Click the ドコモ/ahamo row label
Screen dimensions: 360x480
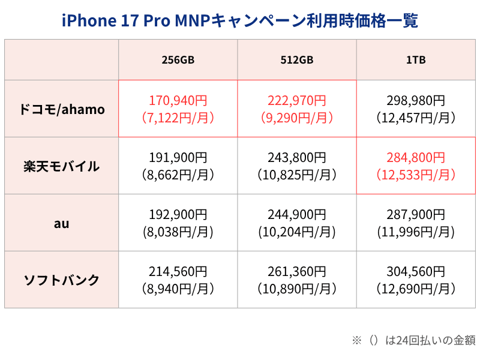point(61,109)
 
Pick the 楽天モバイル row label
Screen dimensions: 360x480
point(61,166)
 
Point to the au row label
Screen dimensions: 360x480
point(61,223)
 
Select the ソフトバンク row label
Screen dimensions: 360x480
point(61,280)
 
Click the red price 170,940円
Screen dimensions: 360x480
point(178,100)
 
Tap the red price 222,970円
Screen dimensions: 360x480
point(297,100)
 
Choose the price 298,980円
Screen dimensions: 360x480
point(416,100)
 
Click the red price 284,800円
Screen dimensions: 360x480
point(416,158)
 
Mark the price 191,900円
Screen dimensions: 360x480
point(178,158)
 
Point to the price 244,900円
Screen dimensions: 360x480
point(297,215)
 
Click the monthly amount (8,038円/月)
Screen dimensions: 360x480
point(178,232)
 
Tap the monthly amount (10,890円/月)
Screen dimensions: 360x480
point(297,289)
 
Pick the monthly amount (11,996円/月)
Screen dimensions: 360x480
point(416,232)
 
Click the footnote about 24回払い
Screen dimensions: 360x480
point(413,340)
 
